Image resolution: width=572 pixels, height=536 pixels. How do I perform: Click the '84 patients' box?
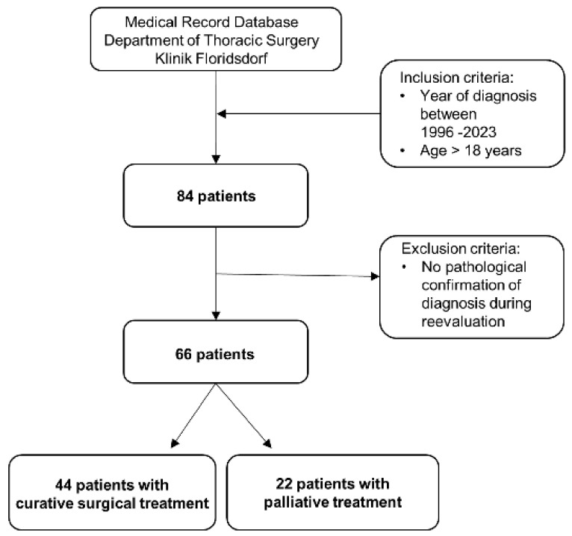point(216,196)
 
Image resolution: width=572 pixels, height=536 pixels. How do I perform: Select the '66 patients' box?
point(216,352)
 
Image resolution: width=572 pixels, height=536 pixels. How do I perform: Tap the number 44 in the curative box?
point(63,485)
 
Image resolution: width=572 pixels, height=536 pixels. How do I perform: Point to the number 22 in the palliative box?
point(284,484)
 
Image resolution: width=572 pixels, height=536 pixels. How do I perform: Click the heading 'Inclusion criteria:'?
point(457,78)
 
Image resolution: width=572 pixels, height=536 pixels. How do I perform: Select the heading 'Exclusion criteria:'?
point(461,249)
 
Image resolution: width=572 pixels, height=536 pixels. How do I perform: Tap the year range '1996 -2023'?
point(458,132)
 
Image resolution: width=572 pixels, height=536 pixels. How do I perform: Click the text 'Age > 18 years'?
point(471,151)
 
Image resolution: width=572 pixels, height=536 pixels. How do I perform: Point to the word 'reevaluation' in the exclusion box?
point(463,322)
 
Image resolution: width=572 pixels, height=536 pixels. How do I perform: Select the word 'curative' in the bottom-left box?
point(45,504)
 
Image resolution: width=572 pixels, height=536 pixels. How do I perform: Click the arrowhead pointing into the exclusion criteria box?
point(376,276)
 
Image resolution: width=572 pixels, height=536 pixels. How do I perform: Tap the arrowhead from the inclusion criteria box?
point(222,113)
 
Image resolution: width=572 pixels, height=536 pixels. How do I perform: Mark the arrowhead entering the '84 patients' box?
point(216,160)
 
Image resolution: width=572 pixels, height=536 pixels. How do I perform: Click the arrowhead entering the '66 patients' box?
point(216,316)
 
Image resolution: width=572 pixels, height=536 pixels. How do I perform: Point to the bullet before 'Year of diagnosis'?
point(402,96)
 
